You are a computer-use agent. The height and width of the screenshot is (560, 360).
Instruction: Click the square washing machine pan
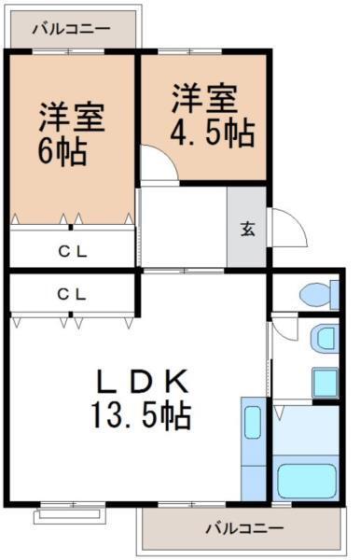click(325, 381)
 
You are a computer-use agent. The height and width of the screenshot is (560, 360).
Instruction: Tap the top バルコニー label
click(71, 28)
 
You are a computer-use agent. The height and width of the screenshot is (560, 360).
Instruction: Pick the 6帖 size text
click(62, 150)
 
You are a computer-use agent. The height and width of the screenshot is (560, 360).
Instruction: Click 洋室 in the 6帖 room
click(70, 119)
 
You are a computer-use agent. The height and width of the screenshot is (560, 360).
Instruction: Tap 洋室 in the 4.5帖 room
click(203, 98)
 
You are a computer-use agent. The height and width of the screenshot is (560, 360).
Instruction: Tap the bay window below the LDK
click(70, 513)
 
